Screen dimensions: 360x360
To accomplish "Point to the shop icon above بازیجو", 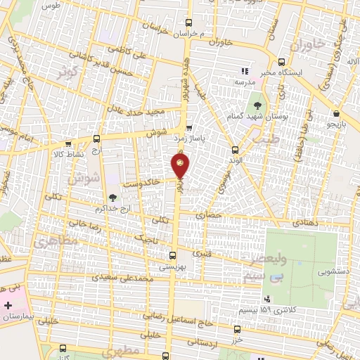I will point(337,112).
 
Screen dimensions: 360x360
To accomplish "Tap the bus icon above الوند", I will point(235,149).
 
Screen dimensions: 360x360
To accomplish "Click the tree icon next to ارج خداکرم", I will point(113,198).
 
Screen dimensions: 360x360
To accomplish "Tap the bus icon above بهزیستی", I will point(173,255).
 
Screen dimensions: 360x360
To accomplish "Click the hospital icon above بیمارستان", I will point(8,306).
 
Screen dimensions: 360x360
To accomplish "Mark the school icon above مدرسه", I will point(244,71).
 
